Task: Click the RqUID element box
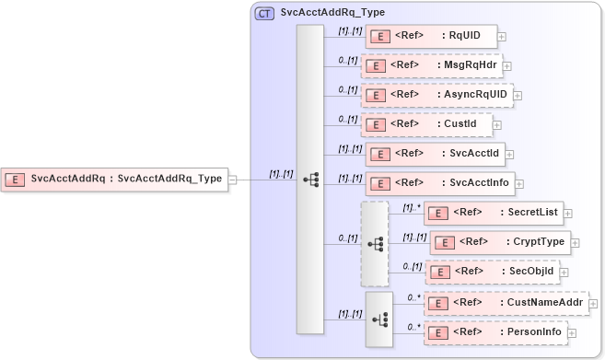[431, 37]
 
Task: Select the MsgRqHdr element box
[432, 66]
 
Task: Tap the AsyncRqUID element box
[436, 95]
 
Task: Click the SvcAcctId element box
[432, 154]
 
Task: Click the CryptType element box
[500, 242]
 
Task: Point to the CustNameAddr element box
[506, 302]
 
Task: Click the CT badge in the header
[264, 13]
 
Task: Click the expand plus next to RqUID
[502, 38]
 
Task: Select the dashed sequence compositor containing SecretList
[375, 244]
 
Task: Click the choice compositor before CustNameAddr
[378, 319]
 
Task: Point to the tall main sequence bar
[309, 180]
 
